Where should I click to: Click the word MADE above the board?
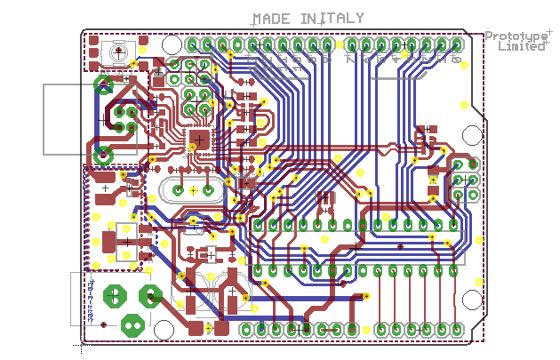270,19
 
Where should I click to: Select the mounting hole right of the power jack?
164,330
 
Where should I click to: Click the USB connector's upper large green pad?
103,85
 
